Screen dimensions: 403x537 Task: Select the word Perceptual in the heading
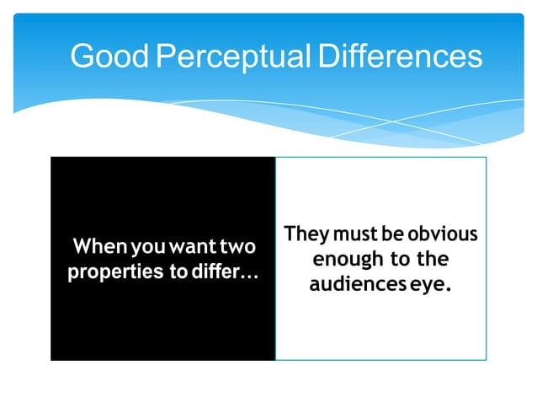click(222, 56)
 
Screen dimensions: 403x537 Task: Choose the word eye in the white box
click(425, 286)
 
